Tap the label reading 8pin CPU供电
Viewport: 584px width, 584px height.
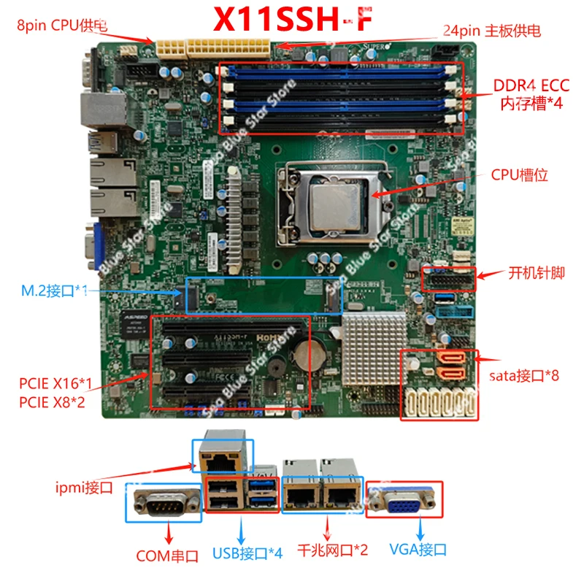tap(63, 25)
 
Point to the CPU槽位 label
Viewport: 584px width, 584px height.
tap(519, 175)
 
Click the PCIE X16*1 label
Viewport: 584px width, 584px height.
tap(55, 383)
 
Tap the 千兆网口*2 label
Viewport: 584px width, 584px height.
tap(332, 550)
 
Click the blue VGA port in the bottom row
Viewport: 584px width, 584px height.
tap(404, 502)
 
